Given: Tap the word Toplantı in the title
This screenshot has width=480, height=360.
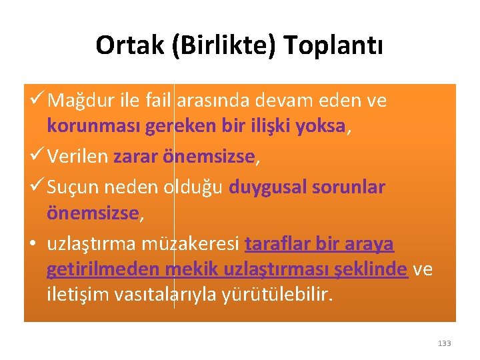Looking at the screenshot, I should [334, 45].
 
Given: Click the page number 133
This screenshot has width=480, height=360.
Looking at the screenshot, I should [444, 343].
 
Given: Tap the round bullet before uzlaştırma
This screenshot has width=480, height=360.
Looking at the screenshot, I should [33, 245].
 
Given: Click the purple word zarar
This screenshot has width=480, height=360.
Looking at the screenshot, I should [136, 157].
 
